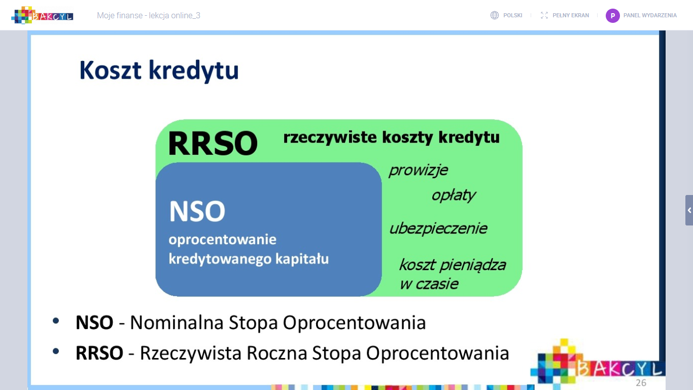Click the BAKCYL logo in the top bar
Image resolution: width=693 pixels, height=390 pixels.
pyautogui.click(x=42, y=15)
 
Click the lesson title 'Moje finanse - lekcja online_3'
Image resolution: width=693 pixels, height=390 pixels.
pyautogui.click(x=149, y=16)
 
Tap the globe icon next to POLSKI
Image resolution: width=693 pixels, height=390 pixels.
pyautogui.click(x=494, y=15)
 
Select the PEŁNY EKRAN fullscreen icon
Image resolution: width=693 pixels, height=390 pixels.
pyautogui.click(x=544, y=15)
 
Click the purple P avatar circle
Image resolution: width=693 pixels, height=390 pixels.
pyautogui.click(x=612, y=16)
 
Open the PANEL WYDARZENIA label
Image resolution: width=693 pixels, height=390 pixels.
pyautogui.click(x=650, y=16)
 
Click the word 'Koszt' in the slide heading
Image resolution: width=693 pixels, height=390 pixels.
pyautogui.click(x=111, y=70)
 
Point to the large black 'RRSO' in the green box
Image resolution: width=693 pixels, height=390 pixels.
pyautogui.click(x=213, y=143)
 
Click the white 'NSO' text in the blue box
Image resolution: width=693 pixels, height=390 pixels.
pyautogui.click(x=197, y=211)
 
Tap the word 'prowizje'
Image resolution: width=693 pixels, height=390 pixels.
pyautogui.click(x=418, y=171)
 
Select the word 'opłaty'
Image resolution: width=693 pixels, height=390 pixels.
pyautogui.click(x=454, y=196)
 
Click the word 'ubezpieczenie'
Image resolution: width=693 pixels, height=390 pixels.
pyautogui.click(x=438, y=229)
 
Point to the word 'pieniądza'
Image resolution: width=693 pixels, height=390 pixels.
pyautogui.click(x=473, y=266)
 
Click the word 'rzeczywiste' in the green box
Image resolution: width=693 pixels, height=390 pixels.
pyautogui.click(x=330, y=137)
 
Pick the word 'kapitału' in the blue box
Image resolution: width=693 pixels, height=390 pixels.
pyautogui.click(x=302, y=258)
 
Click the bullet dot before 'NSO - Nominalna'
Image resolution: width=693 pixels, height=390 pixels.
pyautogui.click(x=56, y=321)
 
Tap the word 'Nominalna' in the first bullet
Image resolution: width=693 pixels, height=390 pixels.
pyautogui.click(x=177, y=322)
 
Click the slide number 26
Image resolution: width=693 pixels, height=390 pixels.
pyautogui.click(x=641, y=383)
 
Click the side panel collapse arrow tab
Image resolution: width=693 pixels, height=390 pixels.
pyautogui.click(x=689, y=210)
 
